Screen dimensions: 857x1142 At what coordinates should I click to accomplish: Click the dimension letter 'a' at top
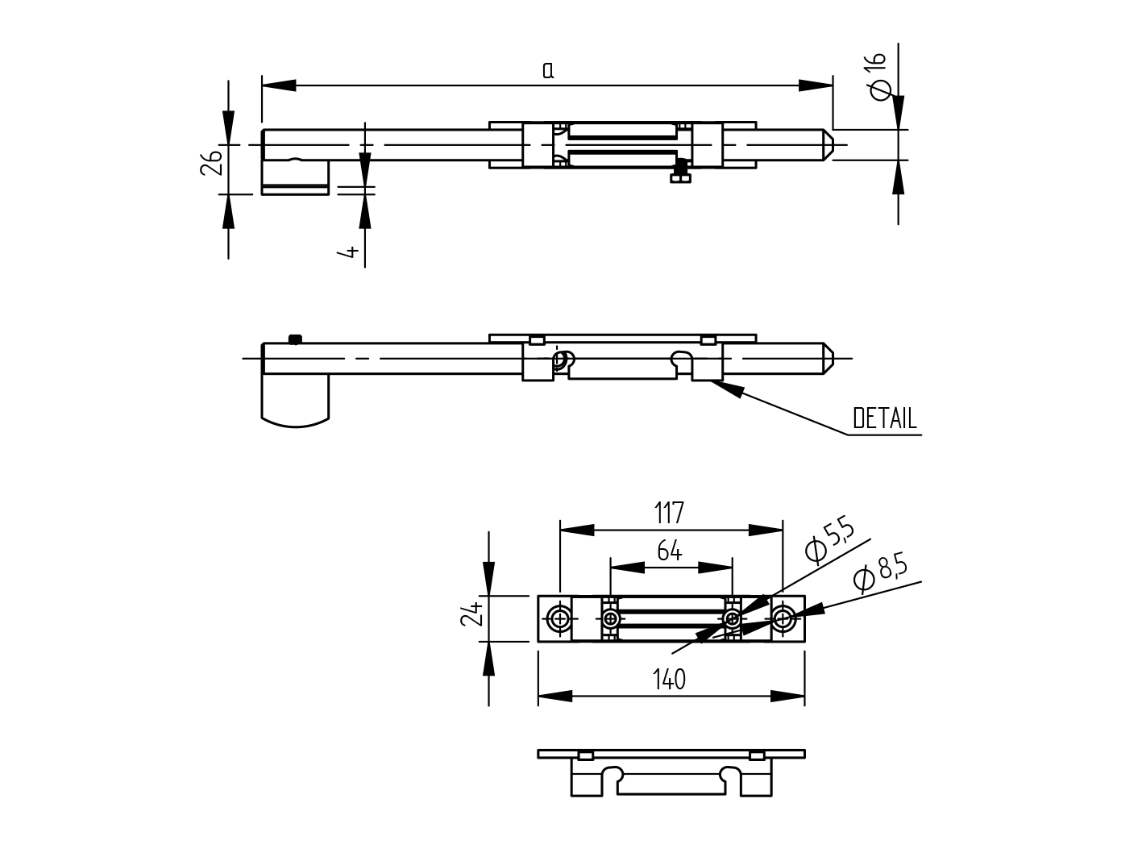click(548, 71)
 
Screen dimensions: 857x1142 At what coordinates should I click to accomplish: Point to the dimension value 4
click(349, 252)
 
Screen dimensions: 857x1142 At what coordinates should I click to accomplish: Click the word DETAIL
click(884, 418)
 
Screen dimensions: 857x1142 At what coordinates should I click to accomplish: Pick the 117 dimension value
click(669, 512)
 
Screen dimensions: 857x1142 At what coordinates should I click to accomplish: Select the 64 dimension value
click(669, 551)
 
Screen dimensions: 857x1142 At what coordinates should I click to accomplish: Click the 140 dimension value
click(669, 680)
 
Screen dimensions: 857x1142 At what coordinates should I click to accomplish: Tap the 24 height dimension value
click(471, 614)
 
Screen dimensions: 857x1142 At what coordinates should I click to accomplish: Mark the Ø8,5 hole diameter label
click(879, 573)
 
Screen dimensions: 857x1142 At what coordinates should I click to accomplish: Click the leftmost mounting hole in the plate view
click(559, 619)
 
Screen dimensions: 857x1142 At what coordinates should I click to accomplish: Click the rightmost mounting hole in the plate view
click(783, 619)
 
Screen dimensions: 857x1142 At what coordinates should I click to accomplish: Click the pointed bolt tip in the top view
click(830, 145)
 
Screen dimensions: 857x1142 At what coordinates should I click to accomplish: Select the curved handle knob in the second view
click(295, 401)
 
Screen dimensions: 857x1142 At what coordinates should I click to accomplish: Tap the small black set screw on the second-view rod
click(295, 339)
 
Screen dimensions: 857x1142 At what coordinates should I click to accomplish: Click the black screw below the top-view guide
click(682, 171)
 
